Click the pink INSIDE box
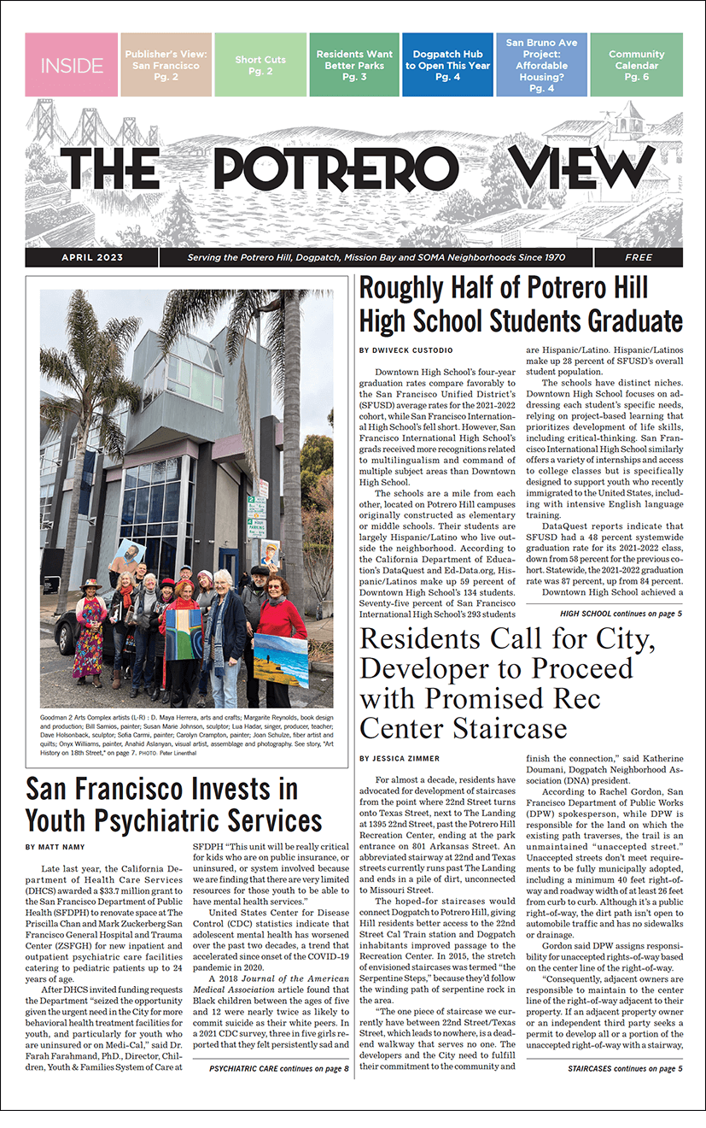click(72, 65)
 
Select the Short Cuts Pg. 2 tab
click(260, 65)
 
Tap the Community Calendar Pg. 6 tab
click(636, 65)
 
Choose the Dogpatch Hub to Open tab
click(447, 65)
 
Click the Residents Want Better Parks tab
click(354, 65)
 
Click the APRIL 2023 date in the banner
click(92, 257)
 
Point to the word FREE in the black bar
click(638, 257)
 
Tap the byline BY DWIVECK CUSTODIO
click(405, 350)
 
